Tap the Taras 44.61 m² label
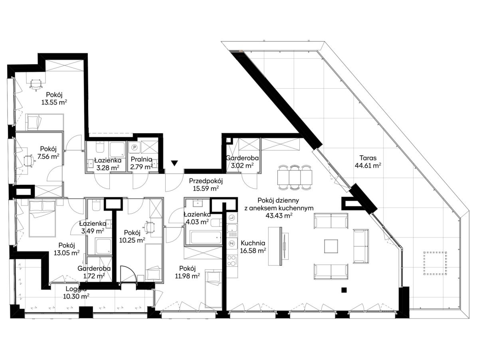click(x=368, y=161)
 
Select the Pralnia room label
click(x=141, y=159)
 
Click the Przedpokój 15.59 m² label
click(x=206, y=184)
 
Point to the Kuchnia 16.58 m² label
click(x=253, y=247)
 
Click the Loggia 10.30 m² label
click(x=76, y=293)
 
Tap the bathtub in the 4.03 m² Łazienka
click(x=206, y=237)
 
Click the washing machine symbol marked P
click(x=134, y=148)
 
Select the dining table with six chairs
click(x=294, y=177)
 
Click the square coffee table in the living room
click(x=331, y=246)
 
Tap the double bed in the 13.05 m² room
click(x=42, y=219)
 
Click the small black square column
click(x=344, y=290)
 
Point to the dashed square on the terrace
click(x=435, y=263)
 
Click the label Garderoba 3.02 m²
click(x=242, y=162)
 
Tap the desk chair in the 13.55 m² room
click(x=36, y=84)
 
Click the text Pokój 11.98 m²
click(x=188, y=272)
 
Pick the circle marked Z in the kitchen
click(x=232, y=243)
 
